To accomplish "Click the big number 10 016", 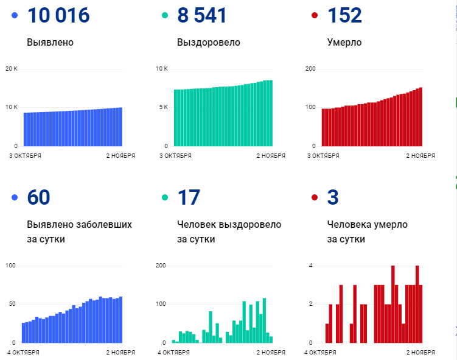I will pyautogui.click(x=58, y=16).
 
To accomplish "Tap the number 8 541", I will pyautogui.click(x=202, y=16).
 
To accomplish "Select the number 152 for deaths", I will pyautogui.click(x=344, y=16).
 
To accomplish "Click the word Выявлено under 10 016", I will pyautogui.click(x=50, y=43).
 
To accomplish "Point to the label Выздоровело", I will pyautogui.click(x=208, y=43).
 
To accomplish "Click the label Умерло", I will pyautogui.click(x=344, y=43).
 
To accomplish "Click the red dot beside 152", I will pyautogui.click(x=315, y=16).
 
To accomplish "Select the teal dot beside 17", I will pyautogui.click(x=164, y=197).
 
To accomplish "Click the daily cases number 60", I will pyautogui.click(x=39, y=197).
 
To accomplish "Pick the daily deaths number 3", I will pyautogui.click(x=333, y=197).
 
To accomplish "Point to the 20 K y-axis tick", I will pyautogui.click(x=11, y=68).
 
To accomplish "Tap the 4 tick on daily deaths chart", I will pyautogui.click(x=310, y=266).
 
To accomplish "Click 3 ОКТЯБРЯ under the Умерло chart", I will pyautogui.click(x=323, y=156).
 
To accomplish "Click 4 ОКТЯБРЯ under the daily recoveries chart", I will pyautogui.click(x=176, y=353).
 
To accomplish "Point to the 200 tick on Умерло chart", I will pyautogui.click(x=310, y=68).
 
